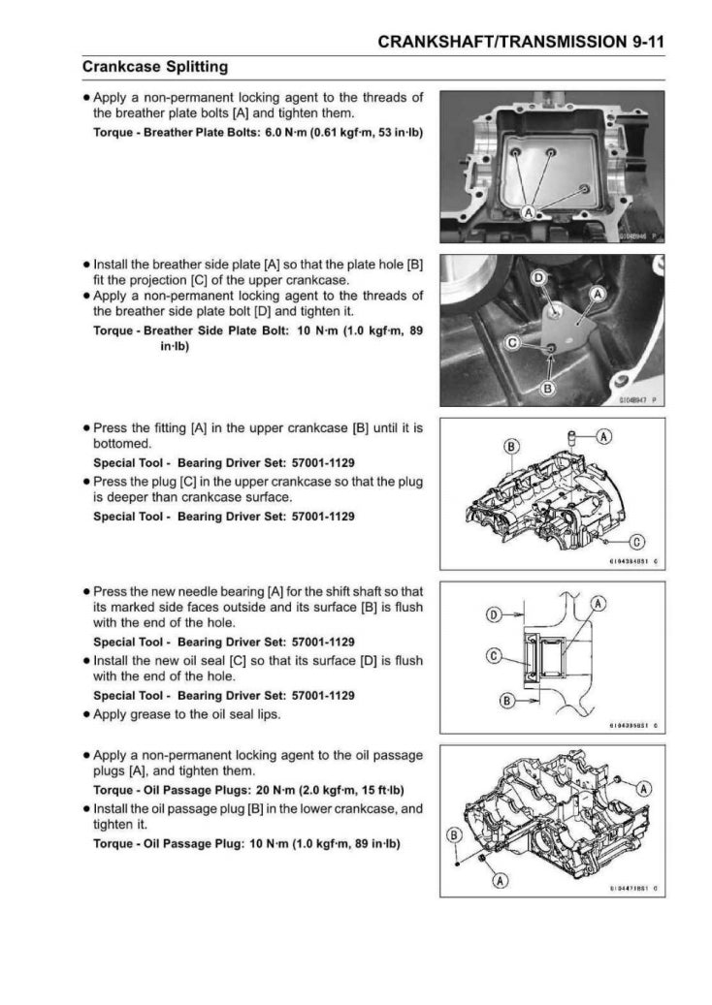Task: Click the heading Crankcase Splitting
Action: tap(155, 67)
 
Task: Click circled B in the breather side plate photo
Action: tap(547, 390)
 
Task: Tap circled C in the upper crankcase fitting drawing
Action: tap(638, 541)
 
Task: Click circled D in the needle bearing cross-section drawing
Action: tap(493, 614)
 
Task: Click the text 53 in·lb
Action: tap(398, 132)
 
